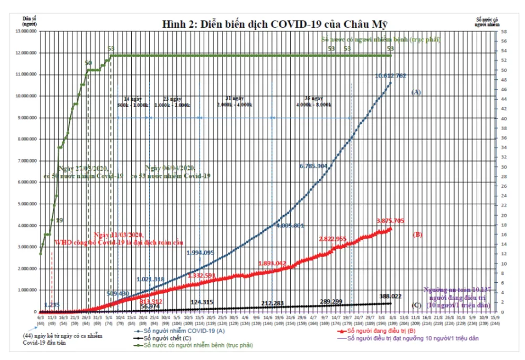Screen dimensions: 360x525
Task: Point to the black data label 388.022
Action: click(390, 297)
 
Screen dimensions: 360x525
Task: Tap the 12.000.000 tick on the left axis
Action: click(26, 53)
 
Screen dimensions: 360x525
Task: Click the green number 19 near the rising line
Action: click(59, 220)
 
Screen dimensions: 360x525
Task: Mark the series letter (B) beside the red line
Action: click(418, 235)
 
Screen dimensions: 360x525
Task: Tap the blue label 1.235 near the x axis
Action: click(51, 305)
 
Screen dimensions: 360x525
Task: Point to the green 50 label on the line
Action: click(89, 63)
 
